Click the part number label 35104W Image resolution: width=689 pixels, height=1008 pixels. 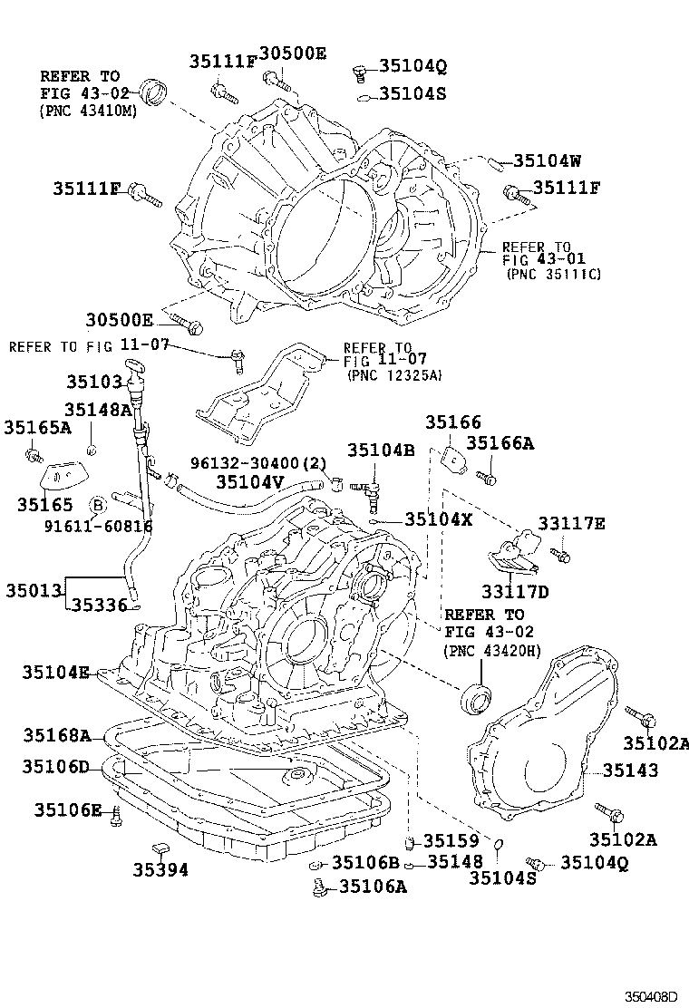(547, 160)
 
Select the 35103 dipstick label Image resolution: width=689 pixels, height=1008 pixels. (92, 382)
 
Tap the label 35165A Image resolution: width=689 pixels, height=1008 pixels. (37, 426)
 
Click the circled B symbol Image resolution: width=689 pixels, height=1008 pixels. (98, 504)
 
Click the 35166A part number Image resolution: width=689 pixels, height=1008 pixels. (500, 442)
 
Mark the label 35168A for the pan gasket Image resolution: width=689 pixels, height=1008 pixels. (57, 734)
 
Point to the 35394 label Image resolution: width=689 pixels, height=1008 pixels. (160, 869)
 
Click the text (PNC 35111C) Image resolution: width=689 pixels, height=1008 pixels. (554, 273)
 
